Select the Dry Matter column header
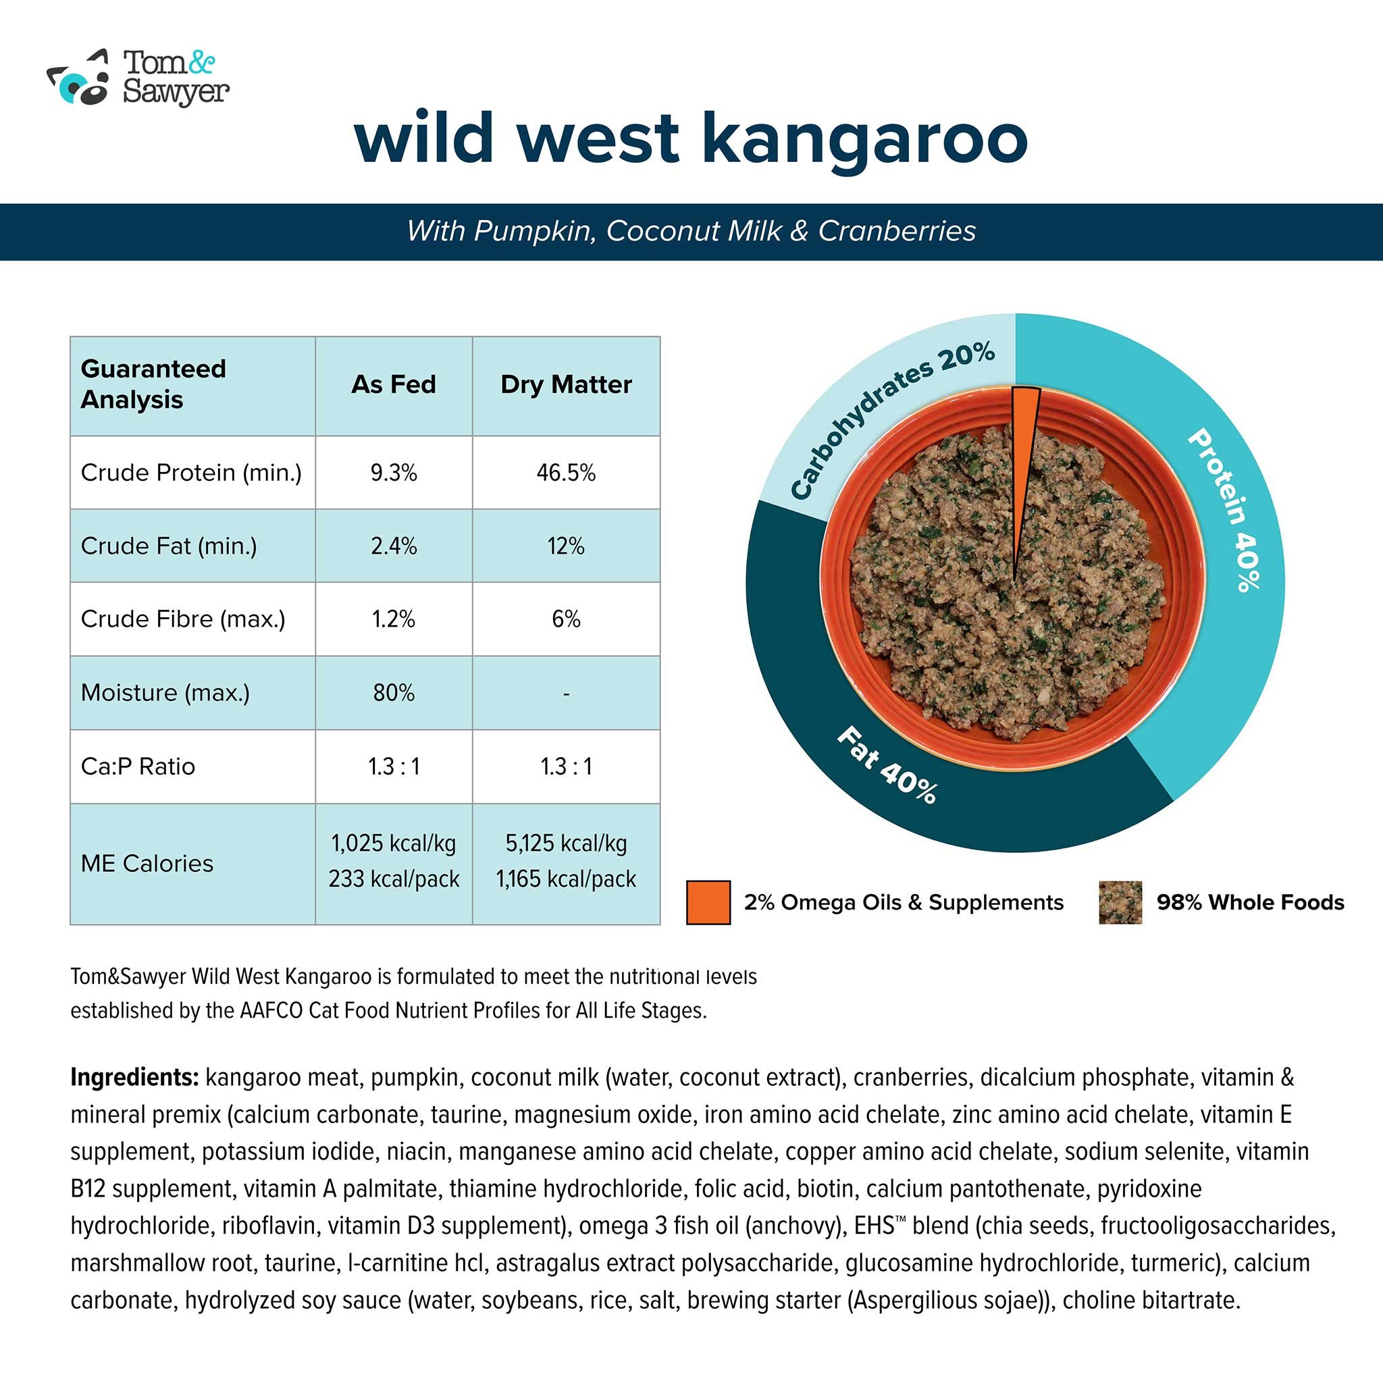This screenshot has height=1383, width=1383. click(565, 385)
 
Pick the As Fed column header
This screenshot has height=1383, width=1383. click(393, 385)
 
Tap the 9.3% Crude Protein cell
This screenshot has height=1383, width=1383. click(393, 473)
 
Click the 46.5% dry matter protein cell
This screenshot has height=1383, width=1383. click(565, 473)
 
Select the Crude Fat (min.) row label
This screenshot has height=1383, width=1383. click(168, 546)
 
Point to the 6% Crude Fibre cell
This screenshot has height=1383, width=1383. click(565, 619)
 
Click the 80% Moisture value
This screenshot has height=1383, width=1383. click(393, 693)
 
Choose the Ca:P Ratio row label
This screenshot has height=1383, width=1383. click(138, 766)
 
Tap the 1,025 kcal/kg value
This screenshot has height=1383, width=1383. click(393, 844)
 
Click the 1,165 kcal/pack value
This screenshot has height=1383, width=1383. click(565, 880)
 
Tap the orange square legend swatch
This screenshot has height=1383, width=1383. click(708, 903)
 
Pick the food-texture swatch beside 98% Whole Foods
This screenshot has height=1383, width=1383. click(1120, 903)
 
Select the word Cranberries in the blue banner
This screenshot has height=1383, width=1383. click(896, 231)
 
